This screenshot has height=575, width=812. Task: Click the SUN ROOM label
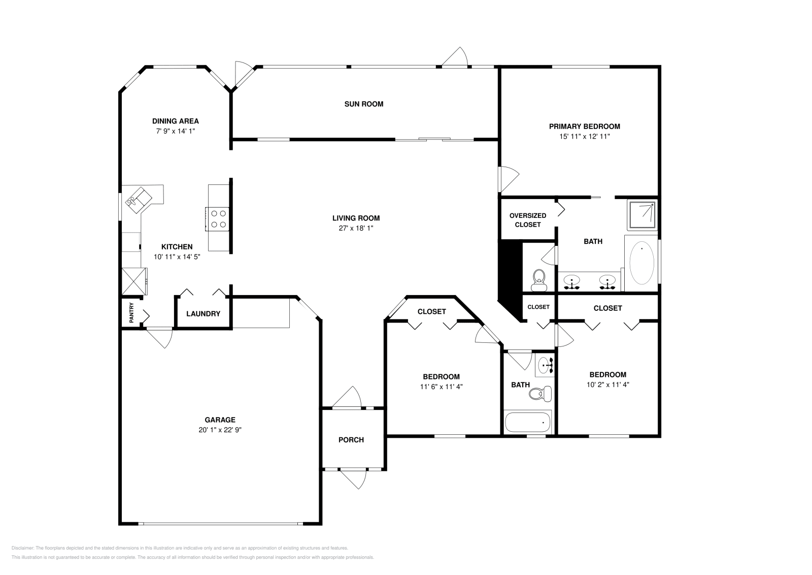point(363,104)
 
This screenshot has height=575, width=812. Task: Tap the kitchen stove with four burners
point(218,219)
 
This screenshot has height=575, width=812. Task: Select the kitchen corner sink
point(138,198)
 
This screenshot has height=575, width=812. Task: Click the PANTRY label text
point(131,313)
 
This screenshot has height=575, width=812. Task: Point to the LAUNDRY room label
point(203,314)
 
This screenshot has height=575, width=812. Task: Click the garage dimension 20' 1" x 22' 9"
point(220,430)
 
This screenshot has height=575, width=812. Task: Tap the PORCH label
point(351,440)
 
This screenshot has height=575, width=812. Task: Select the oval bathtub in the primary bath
point(642,263)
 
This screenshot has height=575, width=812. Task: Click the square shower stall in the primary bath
point(642,214)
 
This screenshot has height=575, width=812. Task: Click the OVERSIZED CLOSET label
point(528,220)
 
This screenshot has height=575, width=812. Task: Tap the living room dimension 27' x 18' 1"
point(356,229)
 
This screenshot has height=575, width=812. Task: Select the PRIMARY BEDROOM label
point(584,126)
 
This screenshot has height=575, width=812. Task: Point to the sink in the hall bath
point(546,365)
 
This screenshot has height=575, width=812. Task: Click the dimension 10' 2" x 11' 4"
point(607,385)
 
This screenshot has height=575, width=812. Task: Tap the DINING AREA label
point(176,121)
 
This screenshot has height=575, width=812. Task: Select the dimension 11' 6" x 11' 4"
point(441,387)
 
